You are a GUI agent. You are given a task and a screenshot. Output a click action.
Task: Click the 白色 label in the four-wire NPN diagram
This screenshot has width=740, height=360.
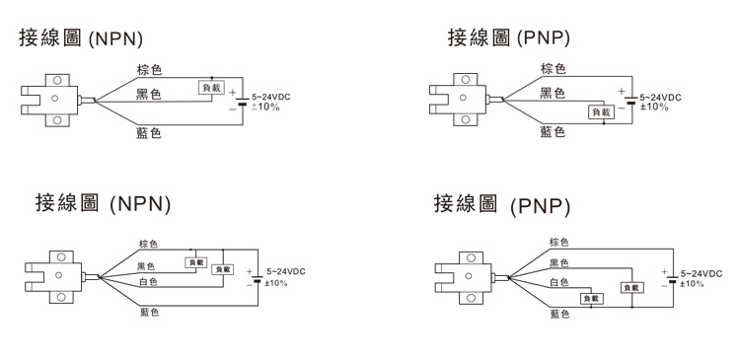click(x=147, y=282)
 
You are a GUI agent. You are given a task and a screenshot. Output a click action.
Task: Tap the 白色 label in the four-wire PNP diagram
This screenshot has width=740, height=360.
click(x=558, y=282)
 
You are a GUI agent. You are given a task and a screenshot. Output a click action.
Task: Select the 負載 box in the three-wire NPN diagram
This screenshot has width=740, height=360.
click(x=211, y=88)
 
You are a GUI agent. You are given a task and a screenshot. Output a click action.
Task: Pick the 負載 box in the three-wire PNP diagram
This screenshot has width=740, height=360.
click(x=601, y=112)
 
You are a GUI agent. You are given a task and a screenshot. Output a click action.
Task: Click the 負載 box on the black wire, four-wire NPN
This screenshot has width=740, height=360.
click(x=195, y=263)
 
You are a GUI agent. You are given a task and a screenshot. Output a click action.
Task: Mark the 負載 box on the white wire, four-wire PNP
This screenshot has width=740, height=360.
click(x=591, y=298)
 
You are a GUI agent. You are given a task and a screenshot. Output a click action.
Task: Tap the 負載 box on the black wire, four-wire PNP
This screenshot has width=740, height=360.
click(x=630, y=287)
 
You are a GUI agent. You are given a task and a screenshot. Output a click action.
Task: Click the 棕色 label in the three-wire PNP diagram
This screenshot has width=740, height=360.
click(x=553, y=69)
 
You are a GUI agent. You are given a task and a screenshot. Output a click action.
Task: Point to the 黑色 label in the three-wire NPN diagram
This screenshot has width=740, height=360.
click(x=148, y=95)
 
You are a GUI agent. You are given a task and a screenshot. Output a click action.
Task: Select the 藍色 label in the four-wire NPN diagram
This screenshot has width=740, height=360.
click(x=147, y=312)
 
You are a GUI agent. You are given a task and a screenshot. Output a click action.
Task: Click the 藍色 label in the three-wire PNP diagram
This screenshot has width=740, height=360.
click(x=553, y=131)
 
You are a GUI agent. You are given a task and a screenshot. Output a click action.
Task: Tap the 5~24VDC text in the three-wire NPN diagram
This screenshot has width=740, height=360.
click(x=271, y=95)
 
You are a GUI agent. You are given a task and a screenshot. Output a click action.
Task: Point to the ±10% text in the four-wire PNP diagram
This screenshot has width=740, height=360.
click(x=692, y=283)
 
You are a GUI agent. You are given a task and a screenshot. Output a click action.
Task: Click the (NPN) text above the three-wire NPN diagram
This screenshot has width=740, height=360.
click(x=116, y=39)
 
